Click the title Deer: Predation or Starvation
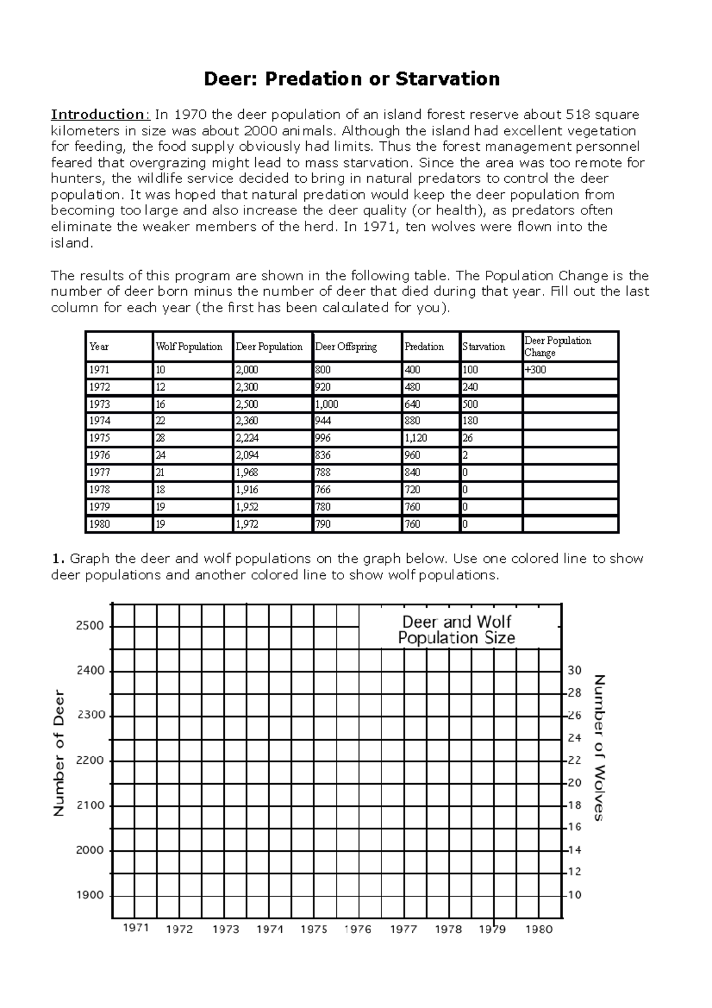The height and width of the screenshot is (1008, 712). pyautogui.click(x=351, y=78)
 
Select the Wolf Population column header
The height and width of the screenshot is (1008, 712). pyautogui.click(x=189, y=347)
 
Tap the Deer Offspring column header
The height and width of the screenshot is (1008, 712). pyautogui.click(x=346, y=347)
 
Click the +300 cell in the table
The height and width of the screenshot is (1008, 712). pyautogui.click(x=535, y=370)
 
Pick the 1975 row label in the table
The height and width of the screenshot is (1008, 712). pyautogui.click(x=100, y=438)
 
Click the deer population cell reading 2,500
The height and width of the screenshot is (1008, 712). pyautogui.click(x=247, y=404)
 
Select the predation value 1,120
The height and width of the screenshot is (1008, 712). pyautogui.click(x=416, y=438)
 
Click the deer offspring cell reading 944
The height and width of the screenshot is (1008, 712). pyautogui.click(x=323, y=421)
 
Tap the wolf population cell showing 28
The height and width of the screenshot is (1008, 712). pyautogui.click(x=160, y=438)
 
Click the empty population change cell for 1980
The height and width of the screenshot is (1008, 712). pyautogui.click(x=570, y=524)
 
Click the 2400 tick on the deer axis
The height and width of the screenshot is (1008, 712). pyautogui.click(x=90, y=671)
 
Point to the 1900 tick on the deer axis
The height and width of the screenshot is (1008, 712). pyautogui.click(x=90, y=895)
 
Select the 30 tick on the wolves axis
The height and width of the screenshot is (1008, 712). pyautogui.click(x=574, y=671)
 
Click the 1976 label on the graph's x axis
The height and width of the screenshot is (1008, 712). pyautogui.click(x=358, y=930)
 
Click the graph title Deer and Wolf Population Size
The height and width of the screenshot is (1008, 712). pyautogui.click(x=456, y=630)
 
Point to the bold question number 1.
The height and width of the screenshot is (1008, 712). pyautogui.click(x=57, y=559)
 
